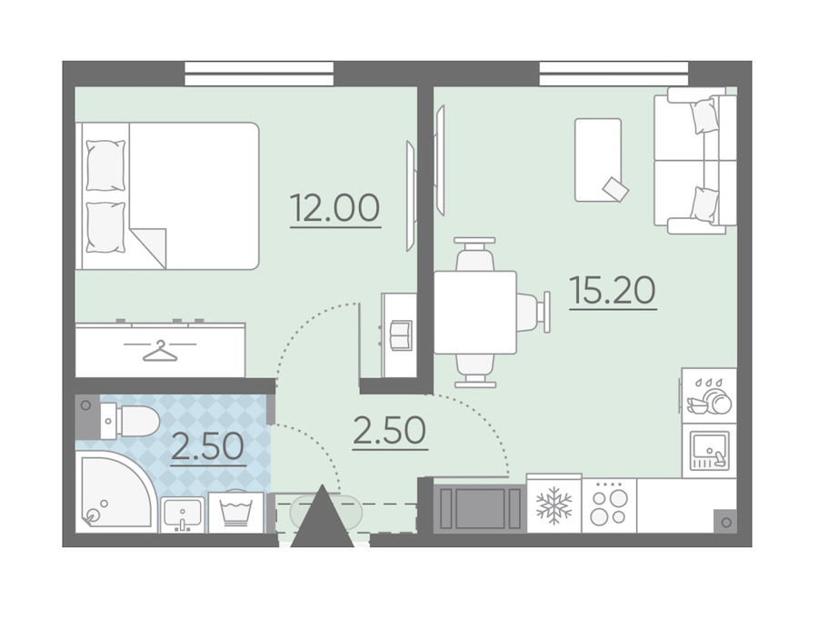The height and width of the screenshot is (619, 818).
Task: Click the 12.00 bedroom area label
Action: pos(334,208)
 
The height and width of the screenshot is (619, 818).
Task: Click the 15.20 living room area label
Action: pos(613,290)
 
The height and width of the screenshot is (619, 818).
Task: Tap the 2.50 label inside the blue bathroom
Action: pos(208,446)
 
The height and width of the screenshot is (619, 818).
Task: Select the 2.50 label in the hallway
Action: pos(390,431)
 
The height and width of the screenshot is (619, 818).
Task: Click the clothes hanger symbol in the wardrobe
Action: pos(160,351)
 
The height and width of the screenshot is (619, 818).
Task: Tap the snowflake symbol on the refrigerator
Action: pos(554,505)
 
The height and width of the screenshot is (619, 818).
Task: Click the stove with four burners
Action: pos(609,505)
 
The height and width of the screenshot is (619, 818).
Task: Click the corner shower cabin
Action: pos(115,492)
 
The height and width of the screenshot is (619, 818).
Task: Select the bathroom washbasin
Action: pos(182,514)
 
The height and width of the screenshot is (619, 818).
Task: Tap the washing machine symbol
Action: pos(236,512)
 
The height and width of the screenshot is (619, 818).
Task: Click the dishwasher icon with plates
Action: pos(709,395)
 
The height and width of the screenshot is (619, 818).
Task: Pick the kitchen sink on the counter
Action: pos(709,451)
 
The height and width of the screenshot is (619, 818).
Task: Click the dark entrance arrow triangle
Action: pos(323,519)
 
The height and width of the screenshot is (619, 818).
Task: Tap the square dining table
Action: pos(474,312)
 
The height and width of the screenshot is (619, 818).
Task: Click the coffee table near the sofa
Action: pos(598,160)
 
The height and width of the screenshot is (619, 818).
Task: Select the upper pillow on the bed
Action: pos(106,165)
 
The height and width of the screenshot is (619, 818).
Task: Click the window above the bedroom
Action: pos(259,74)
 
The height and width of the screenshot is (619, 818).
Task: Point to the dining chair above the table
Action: pos(474,255)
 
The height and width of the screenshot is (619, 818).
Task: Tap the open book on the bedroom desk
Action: pos(401,335)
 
